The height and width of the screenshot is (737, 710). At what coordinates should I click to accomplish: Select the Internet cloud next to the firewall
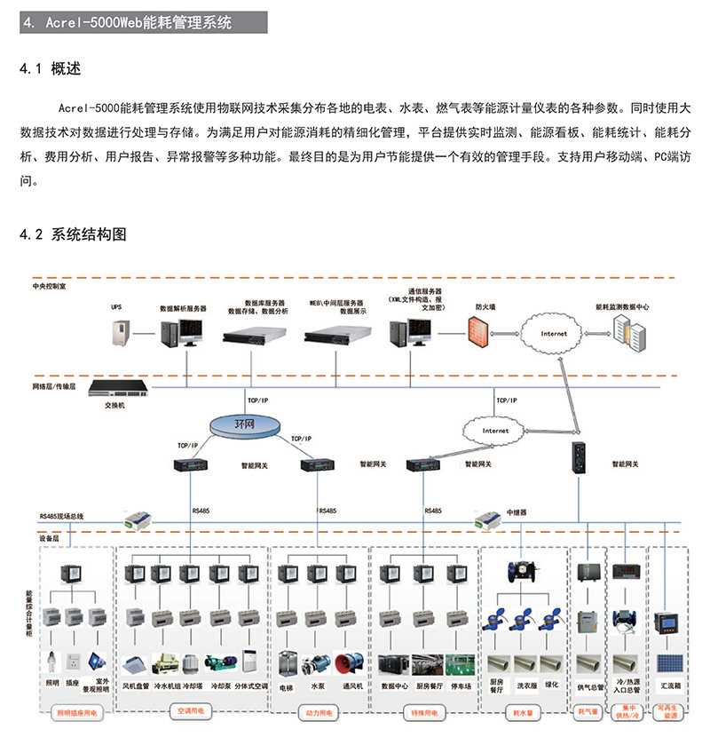coord(553,334)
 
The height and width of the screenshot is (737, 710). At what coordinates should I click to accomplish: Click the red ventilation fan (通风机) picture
coord(349,664)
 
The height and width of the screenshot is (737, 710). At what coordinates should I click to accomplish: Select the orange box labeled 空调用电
coord(192,712)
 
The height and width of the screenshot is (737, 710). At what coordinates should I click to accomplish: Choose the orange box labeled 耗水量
coord(522,712)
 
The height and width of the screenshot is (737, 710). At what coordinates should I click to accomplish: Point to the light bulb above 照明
coord(52,662)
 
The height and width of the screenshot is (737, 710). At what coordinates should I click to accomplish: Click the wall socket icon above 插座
coord(75,662)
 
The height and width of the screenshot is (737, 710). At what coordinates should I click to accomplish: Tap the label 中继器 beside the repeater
coord(517,513)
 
